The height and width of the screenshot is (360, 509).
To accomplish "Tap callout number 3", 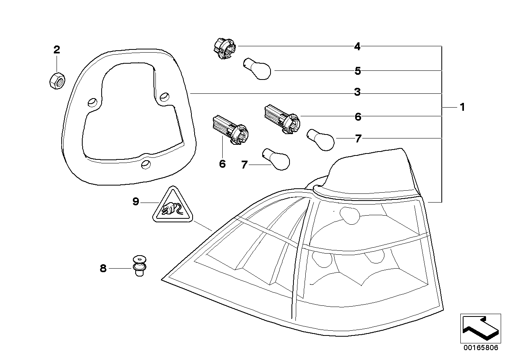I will coord(357,93).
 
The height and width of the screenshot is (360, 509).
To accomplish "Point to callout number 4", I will coord(357,47).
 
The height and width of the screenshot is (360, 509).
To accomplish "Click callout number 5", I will coord(358,71).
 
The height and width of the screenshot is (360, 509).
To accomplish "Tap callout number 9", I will coord(136,202).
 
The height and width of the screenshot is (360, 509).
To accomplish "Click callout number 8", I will coord(103,269).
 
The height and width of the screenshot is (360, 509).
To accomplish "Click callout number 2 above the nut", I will coord(57,50).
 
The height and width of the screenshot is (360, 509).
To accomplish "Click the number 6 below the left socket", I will coord(222,163).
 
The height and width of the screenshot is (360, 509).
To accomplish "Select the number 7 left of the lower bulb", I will coord(244,165).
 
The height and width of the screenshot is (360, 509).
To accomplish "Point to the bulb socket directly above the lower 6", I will coord(229,127).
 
